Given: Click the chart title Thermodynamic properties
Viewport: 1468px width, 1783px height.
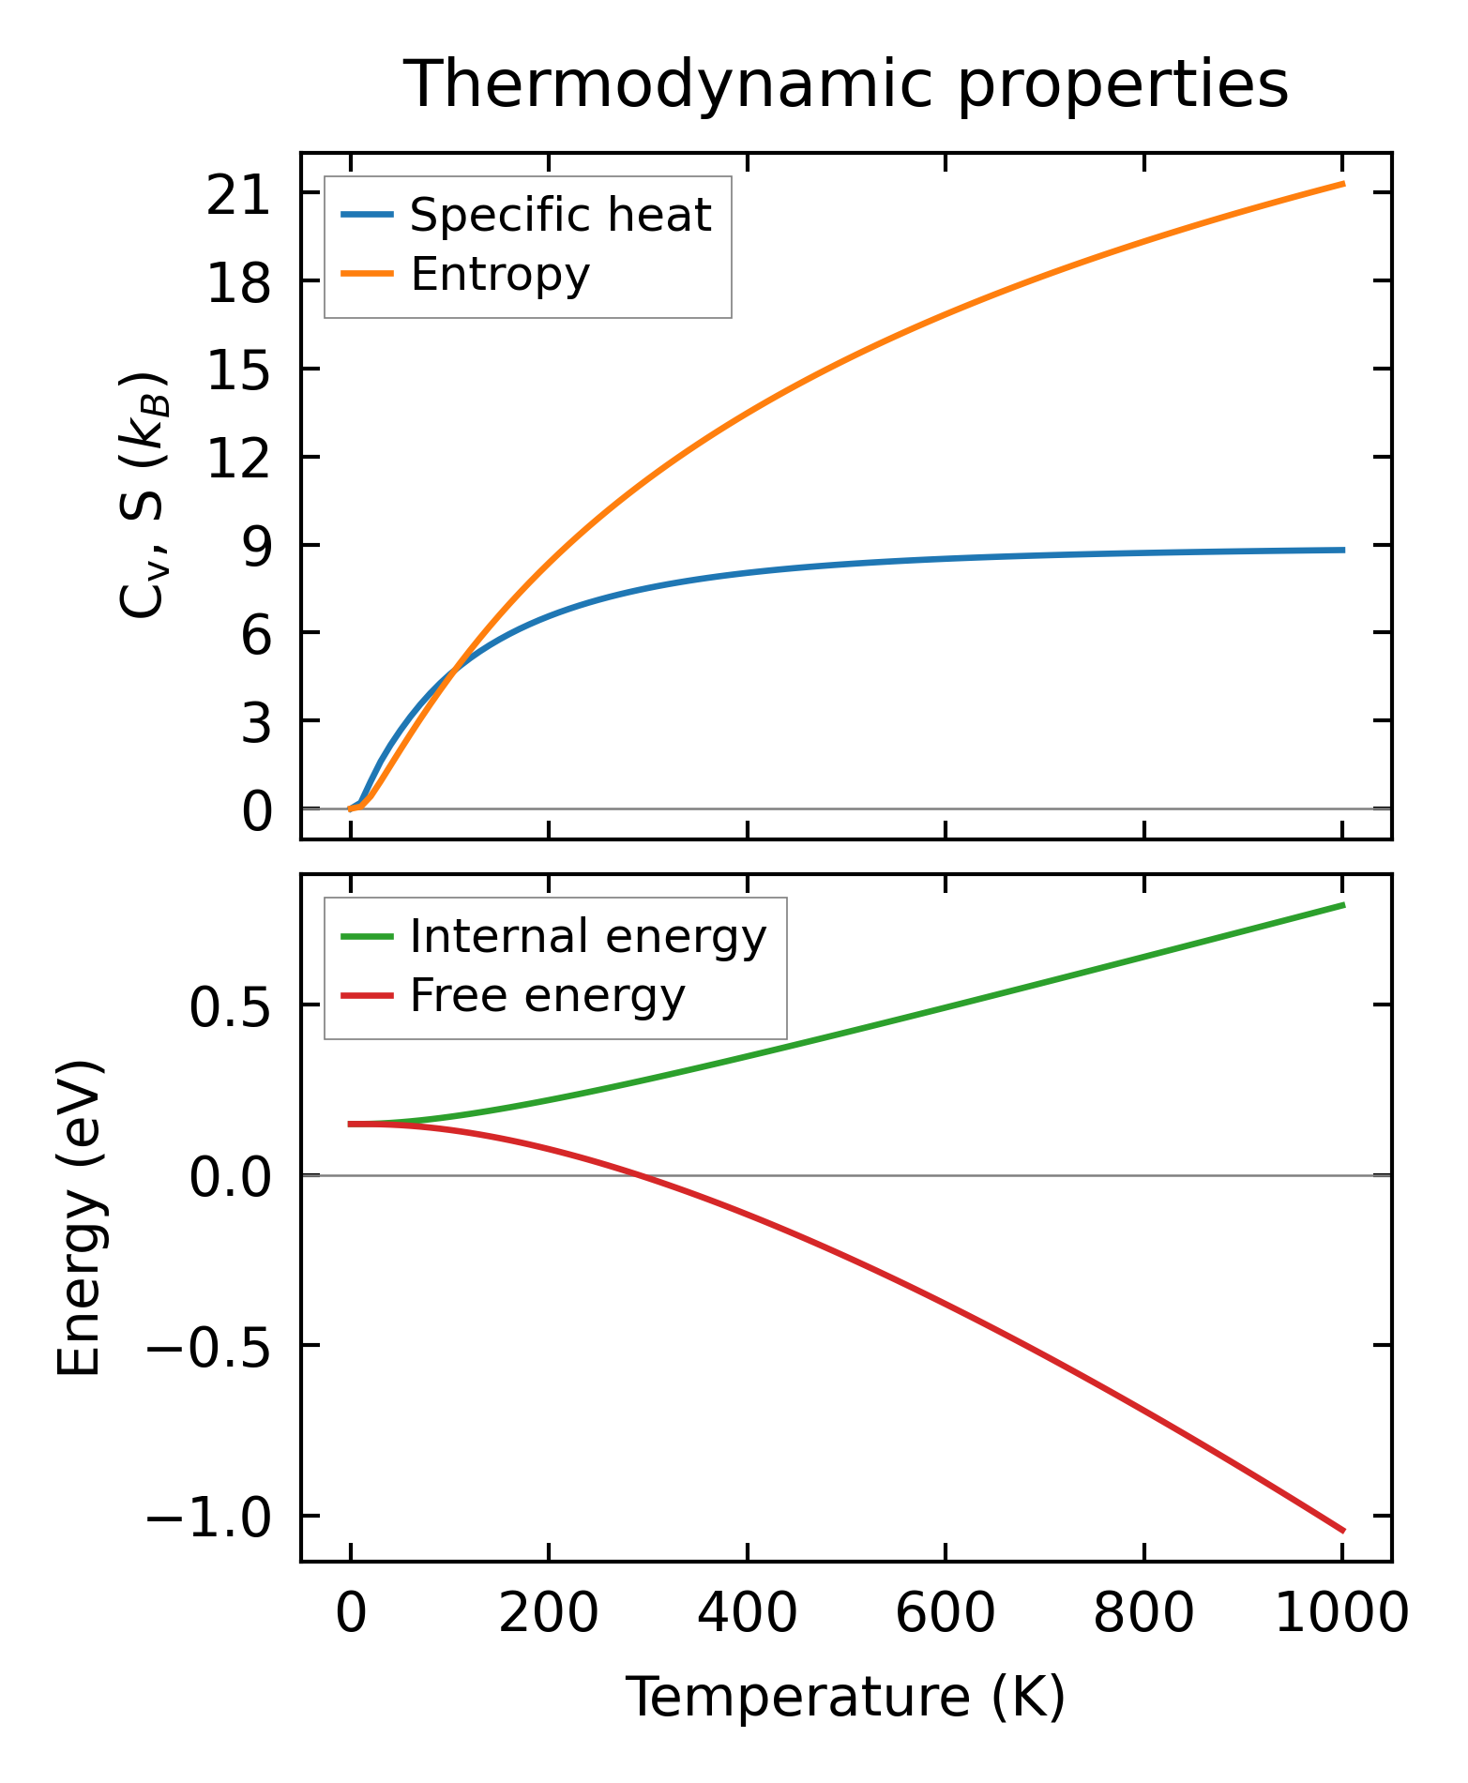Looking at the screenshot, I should pyautogui.click(x=845, y=85).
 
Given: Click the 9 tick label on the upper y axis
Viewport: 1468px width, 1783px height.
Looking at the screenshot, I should pyautogui.click(x=255, y=546).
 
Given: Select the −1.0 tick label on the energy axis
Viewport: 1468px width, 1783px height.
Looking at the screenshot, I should pyautogui.click(x=207, y=1518).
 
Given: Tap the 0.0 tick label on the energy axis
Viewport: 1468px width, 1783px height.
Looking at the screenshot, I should pyautogui.click(x=230, y=1176).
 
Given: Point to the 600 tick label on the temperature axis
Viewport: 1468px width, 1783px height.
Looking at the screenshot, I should pyautogui.click(x=945, y=1615).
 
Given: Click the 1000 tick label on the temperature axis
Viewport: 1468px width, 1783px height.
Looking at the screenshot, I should pyautogui.click(x=1341, y=1615).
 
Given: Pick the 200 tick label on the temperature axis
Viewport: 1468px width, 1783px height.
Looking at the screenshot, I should pyautogui.click(x=549, y=1615).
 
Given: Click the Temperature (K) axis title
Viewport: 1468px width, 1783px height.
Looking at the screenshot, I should pyautogui.click(x=845, y=1697).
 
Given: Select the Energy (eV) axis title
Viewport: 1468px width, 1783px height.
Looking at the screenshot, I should pyautogui.click(x=79, y=1217).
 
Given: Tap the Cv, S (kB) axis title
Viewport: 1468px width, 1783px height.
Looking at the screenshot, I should pyautogui.click(x=143, y=495).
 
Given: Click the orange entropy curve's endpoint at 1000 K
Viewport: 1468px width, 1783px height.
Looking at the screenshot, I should pyautogui.click(x=1342, y=184).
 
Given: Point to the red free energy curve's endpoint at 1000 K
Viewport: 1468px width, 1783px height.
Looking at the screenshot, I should pyautogui.click(x=1342, y=1531).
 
